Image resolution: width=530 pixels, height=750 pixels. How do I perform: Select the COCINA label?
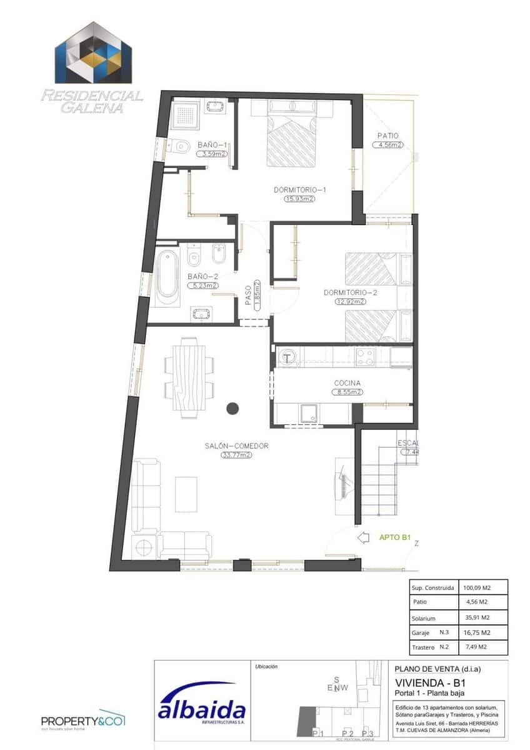pos(347,383)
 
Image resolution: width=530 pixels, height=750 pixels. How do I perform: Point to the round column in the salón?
pos(232,409)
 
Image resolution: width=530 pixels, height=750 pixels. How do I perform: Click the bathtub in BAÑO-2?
pos(167,277)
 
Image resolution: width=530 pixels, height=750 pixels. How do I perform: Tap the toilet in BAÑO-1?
pos(180,146)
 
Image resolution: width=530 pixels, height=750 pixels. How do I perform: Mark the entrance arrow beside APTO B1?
pos(363,537)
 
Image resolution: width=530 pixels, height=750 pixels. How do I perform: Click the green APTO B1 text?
pos(394,537)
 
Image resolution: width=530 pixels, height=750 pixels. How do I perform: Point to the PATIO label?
pos(387,136)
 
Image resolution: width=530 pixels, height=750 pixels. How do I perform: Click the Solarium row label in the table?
pos(424,617)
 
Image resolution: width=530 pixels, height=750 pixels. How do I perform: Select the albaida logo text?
pos(201,711)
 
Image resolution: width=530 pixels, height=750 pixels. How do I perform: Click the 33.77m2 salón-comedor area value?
pos(236,455)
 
